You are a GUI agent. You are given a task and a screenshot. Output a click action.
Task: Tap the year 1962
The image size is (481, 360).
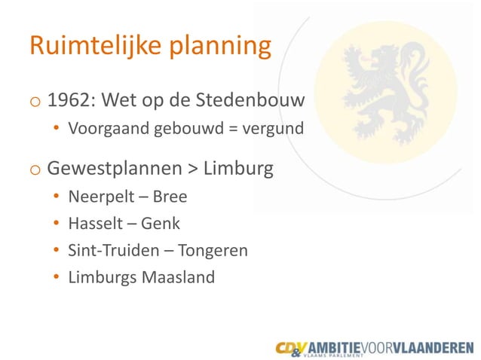point(69,100)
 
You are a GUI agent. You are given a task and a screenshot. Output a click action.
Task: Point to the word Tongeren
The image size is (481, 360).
point(213,251)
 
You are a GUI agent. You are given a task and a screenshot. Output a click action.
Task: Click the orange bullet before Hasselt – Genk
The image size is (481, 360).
point(57,224)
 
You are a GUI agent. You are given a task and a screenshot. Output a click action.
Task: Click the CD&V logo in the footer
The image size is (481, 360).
point(291,347)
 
